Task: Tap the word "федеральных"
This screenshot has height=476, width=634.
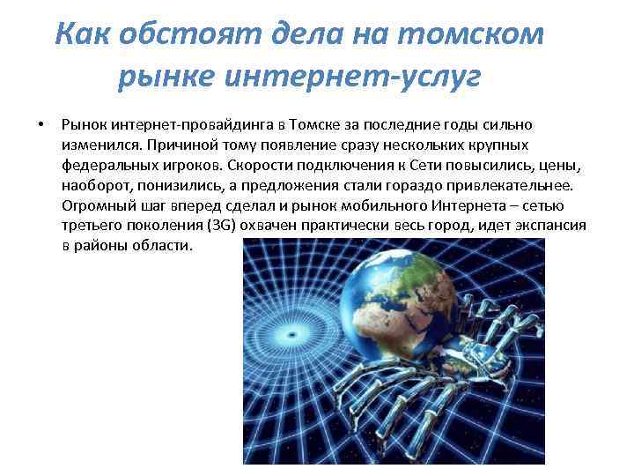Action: [x=105, y=165]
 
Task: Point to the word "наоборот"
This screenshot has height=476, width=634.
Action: [x=94, y=185]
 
